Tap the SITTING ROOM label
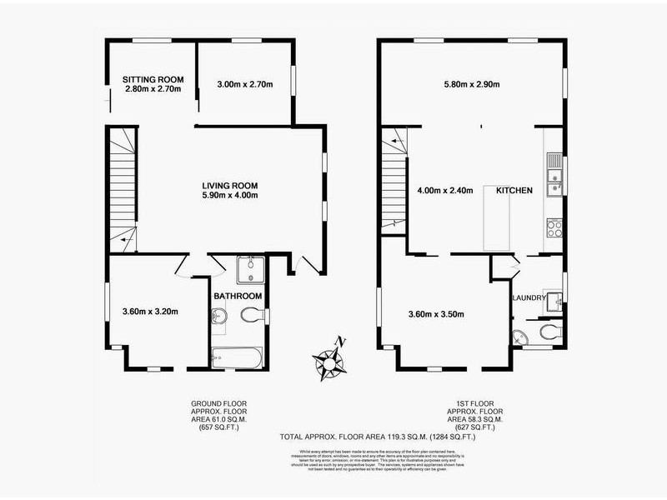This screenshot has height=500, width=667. pyautogui.click(x=148, y=79)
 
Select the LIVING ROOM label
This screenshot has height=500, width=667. pyautogui.click(x=229, y=185)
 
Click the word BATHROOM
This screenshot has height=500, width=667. pyautogui.click(x=238, y=296)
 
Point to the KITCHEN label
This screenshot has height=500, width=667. pyautogui.click(x=514, y=191)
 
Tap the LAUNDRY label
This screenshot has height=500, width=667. pyautogui.click(x=529, y=297)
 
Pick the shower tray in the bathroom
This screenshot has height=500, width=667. pyautogui.click(x=247, y=268)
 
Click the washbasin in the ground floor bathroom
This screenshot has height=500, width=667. pyautogui.click(x=219, y=316)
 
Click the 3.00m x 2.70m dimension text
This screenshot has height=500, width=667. pyautogui.click(x=245, y=84)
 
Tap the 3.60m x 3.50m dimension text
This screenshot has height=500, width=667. pyautogui.click(x=436, y=314)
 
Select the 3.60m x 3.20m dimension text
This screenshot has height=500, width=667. pyautogui.click(x=151, y=312)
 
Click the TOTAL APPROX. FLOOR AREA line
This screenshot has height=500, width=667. pyautogui.click(x=366, y=436)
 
